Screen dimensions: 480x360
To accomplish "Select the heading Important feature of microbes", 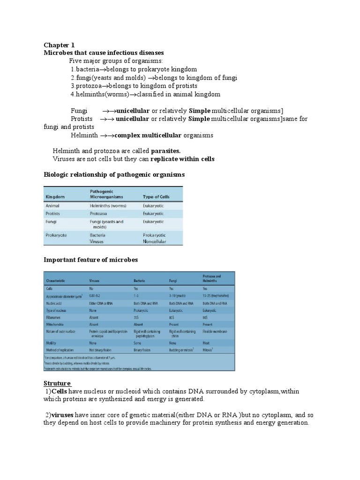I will point(91,260).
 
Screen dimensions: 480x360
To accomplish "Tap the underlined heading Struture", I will point(57,370).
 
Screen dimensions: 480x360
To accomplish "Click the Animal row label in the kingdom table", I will point(52,205).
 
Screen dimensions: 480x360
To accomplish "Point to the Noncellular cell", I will point(155,241).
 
